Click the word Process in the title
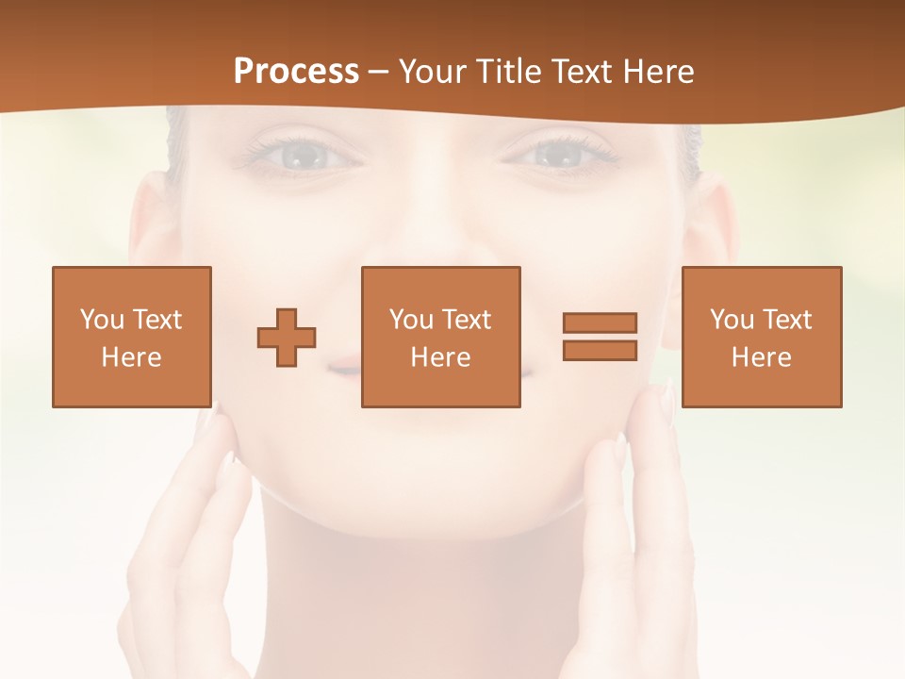point(296,71)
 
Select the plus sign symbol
point(287,338)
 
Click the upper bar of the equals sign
point(600,323)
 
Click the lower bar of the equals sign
point(600,350)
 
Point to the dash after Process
point(379,72)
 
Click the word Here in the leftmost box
point(131,357)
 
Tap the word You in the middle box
point(410,320)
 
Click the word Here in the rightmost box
point(761,357)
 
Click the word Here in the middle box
point(440,357)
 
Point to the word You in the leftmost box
point(101,320)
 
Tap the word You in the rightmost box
point(731,320)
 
